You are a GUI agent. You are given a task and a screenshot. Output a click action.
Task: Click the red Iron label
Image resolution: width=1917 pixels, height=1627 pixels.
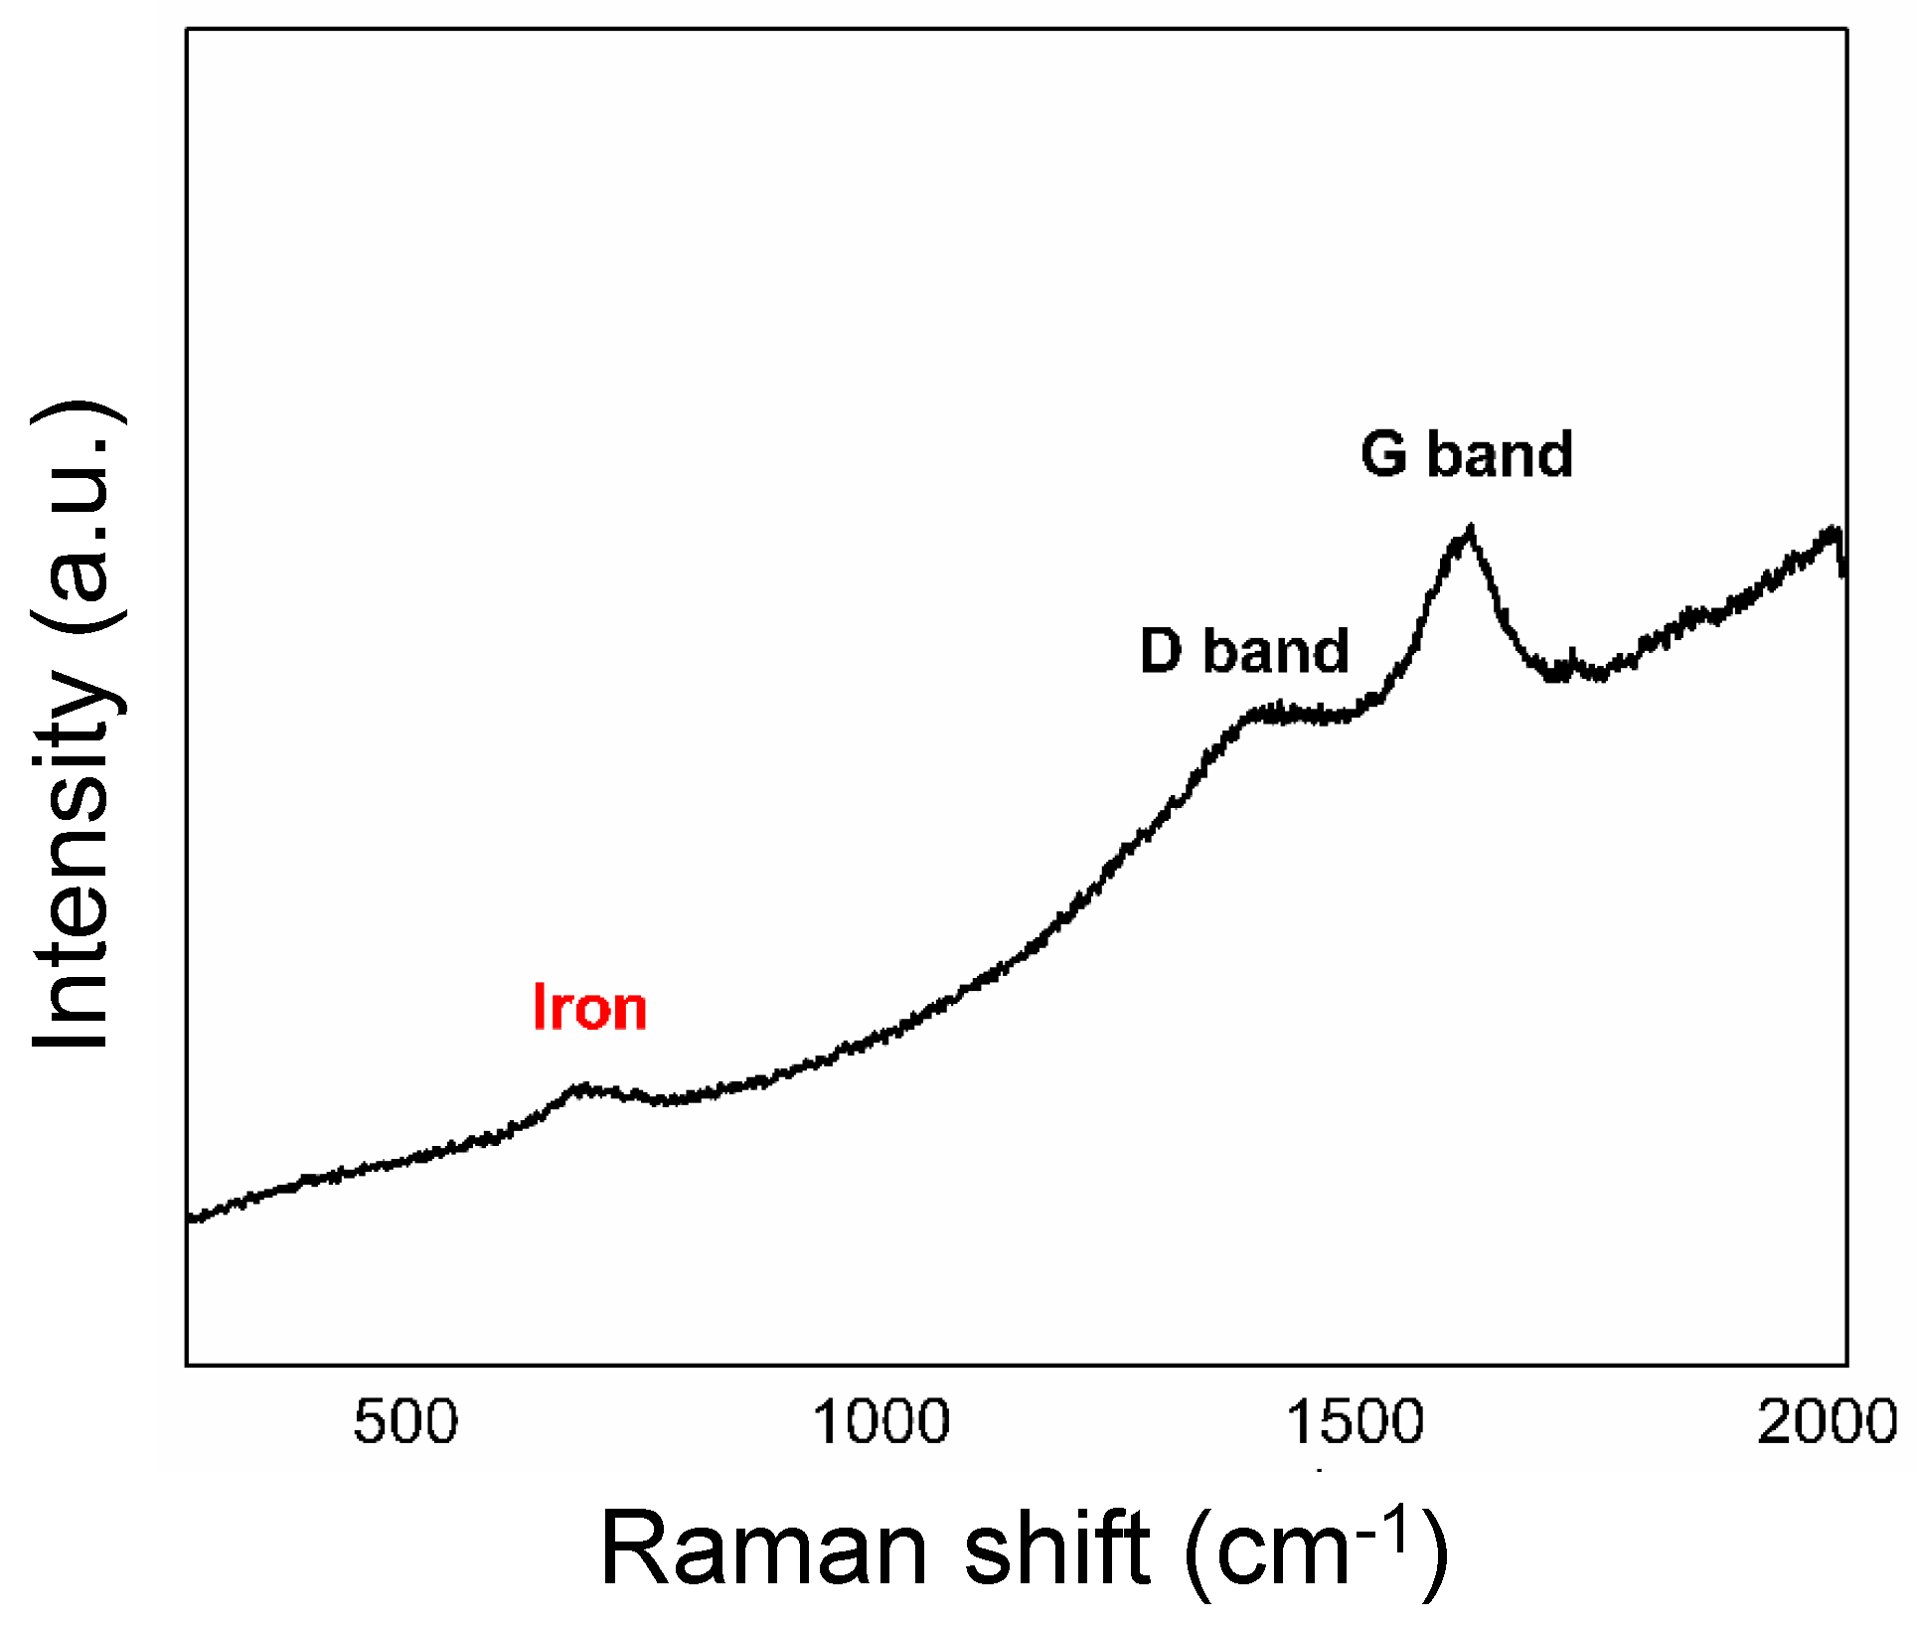point(589,1008)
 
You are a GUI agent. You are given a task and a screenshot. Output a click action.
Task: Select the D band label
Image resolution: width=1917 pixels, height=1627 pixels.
point(1244,651)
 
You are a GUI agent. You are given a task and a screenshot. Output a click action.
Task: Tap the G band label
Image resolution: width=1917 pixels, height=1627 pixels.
point(1467,454)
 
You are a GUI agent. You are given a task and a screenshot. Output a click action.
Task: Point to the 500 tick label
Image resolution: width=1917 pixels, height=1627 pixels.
point(405,1421)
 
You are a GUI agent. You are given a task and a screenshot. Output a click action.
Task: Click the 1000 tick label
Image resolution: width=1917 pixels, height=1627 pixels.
point(881,1421)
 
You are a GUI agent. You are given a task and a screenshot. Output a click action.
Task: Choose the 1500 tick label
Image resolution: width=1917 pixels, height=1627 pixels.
point(1356,1421)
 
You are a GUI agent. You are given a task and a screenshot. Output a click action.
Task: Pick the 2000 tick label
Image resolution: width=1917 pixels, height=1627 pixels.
point(1827,1421)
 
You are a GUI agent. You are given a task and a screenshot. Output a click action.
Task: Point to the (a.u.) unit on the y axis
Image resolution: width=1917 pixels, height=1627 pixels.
point(78,517)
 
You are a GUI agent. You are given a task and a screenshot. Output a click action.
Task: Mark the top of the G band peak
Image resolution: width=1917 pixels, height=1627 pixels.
point(1469,529)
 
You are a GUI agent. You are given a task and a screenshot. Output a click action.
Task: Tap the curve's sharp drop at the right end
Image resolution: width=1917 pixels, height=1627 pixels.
point(1841,557)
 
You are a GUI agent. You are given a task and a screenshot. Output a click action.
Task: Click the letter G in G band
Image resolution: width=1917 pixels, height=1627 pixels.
point(1384,454)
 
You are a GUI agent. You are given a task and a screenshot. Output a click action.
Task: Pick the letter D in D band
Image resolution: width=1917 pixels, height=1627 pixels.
point(1161,651)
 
